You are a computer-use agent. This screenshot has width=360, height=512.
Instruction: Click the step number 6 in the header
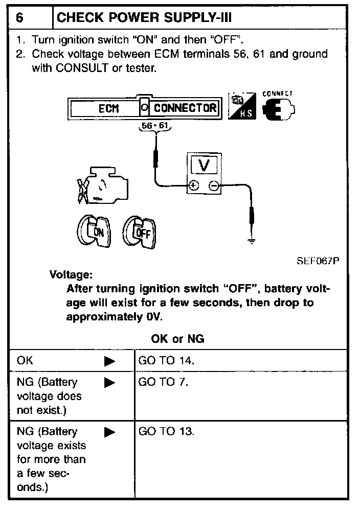pyautogui.click(x=19, y=18)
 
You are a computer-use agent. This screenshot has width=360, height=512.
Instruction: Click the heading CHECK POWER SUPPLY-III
pyautogui.click(x=144, y=18)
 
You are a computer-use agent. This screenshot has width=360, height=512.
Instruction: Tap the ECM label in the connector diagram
pyautogui.click(x=108, y=108)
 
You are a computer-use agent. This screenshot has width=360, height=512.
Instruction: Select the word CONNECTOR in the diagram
pyautogui.click(x=185, y=108)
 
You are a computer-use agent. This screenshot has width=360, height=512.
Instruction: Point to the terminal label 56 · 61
pyautogui.click(x=155, y=126)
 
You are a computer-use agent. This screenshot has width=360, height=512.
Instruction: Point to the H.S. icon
pyautogui.click(x=242, y=107)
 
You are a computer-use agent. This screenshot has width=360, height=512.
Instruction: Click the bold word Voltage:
pyautogui.click(x=71, y=274)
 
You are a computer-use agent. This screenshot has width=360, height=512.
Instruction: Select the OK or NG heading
pyautogui.click(x=178, y=338)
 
